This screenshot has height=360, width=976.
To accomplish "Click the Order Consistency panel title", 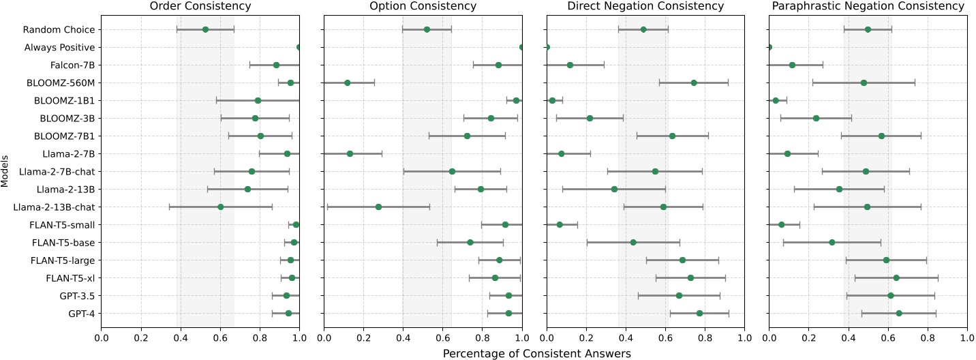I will click(200, 6).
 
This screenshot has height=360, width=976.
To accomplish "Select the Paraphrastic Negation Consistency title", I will click(868, 6).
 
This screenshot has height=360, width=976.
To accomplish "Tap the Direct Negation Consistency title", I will click(645, 6).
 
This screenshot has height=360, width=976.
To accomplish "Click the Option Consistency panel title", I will click(423, 6).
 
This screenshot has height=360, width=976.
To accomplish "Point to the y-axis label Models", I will click(5, 171).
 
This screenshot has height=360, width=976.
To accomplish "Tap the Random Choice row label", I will click(59, 29).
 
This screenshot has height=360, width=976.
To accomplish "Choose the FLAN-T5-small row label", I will click(64, 224).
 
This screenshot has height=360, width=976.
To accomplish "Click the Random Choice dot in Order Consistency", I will click(205, 29).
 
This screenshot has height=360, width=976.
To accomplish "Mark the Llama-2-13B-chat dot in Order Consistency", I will click(220, 207).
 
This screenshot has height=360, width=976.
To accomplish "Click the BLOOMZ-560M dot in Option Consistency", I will click(347, 82).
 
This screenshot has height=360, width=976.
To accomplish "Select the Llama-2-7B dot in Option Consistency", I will click(350, 153).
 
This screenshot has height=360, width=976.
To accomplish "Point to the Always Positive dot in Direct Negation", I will click(547, 47).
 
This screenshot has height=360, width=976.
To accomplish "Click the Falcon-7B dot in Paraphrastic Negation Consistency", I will click(792, 65).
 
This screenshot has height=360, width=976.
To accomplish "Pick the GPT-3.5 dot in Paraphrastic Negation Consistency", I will click(890, 295).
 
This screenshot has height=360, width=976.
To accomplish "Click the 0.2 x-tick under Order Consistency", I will click(141, 337).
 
